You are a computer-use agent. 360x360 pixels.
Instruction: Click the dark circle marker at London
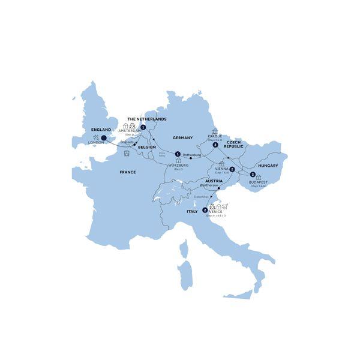tap(104, 138)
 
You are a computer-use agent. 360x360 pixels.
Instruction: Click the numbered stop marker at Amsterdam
tap(143, 127)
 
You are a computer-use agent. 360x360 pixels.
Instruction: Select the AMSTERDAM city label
tap(129, 131)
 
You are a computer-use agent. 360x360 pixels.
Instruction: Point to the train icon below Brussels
tap(127, 154)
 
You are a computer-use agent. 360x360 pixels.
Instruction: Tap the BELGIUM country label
tap(146, 147)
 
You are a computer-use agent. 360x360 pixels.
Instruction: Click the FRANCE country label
tap(127, 172)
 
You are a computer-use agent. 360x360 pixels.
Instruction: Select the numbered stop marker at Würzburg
tap(178, 154)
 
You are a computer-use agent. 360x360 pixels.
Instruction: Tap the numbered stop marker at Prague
tap(215, 144)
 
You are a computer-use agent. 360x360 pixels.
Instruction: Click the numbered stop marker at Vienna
tap(232, 169)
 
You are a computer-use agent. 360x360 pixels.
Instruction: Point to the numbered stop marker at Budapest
tap(253, 175)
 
